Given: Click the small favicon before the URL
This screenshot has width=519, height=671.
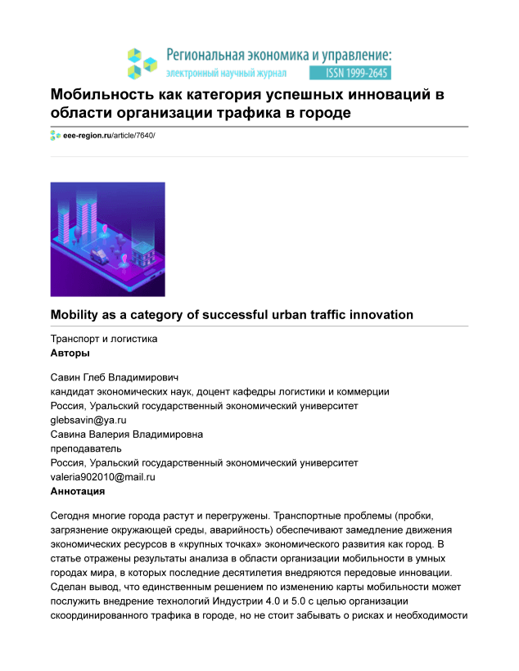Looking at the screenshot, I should (55, 135).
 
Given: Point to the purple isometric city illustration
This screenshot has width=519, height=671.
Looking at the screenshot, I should (107, 239).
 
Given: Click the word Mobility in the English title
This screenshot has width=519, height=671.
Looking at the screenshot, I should (79, 314).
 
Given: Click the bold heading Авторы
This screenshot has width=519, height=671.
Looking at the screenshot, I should (70, 353).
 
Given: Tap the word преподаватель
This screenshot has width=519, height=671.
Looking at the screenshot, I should (86, 448).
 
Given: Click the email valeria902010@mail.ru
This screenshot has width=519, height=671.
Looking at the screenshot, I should (103, 475).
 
